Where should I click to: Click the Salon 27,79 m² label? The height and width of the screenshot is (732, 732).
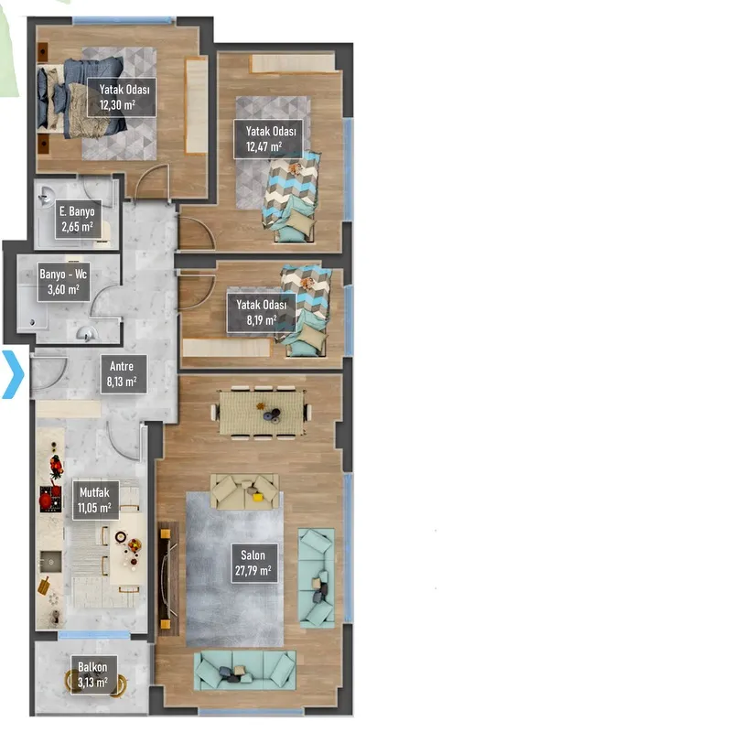tap(254, 563)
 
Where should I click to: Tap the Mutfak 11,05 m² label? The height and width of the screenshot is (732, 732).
tap(95, 500)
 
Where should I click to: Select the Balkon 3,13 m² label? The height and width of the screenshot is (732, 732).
tap(93, 674)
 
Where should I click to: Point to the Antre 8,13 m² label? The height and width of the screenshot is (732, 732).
tap(124, 374)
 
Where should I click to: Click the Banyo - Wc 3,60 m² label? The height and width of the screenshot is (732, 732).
tap(63, 282)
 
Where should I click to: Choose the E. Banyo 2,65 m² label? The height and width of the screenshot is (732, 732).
tap(78, 220)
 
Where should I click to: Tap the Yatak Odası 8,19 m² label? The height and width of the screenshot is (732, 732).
tap(262, 313)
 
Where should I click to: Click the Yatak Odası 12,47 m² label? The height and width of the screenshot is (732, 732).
tap(268, 139)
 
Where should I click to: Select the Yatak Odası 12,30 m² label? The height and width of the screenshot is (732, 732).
tap(122, 97)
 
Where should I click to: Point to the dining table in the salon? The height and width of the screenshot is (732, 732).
tap(262, 413)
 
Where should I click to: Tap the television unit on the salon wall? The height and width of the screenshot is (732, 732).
tap(168, 579)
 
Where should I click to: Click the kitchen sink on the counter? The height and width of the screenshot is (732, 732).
tap(50, 562)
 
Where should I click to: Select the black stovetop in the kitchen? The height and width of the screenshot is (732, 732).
tap(50, 499)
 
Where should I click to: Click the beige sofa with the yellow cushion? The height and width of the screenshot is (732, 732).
tap(244, 491)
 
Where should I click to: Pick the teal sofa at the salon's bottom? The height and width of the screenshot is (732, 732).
tap(245, 671)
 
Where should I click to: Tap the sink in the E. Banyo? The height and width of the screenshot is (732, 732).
tap(46, 197)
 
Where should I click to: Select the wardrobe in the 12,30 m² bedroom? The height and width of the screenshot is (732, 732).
tap(197, 105)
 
